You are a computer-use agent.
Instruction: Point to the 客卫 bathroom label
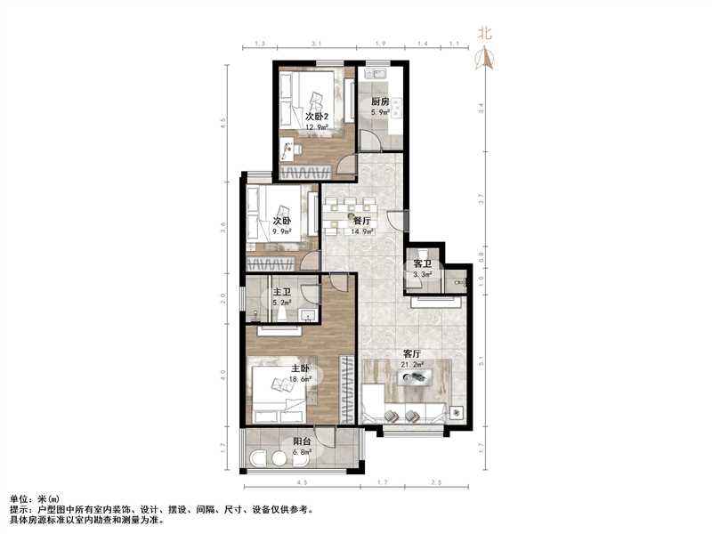(x=422, y=264)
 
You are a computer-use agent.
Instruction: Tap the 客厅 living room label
(x=412, y=353)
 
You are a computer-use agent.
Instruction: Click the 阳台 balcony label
(x=303, y=441)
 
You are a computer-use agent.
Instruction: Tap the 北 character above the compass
(x=485, y=34)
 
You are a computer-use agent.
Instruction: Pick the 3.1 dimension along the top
(x=316, y=44)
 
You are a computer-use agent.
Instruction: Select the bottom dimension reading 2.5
(x=437, y=483)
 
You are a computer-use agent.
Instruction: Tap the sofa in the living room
(x=405, y=413)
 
